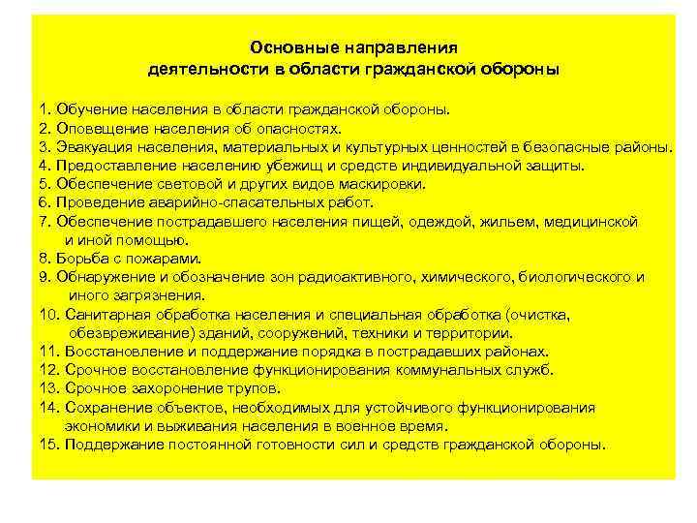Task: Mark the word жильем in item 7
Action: point(465,221)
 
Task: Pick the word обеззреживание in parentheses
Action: point(125,332)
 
